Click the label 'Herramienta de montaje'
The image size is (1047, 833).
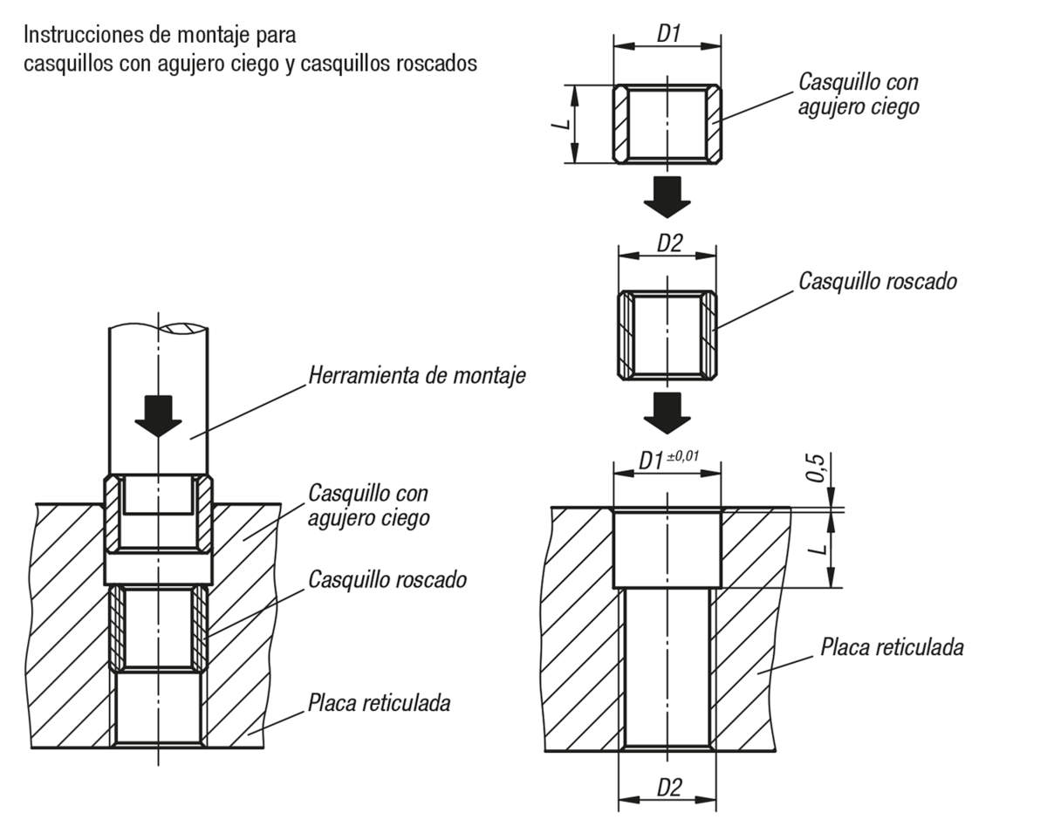point(417,376)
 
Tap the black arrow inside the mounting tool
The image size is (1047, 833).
point(158,416)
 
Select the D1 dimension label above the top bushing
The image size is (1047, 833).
point(668,33)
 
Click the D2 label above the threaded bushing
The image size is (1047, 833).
point(669,243)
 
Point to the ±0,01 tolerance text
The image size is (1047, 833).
point(683,456)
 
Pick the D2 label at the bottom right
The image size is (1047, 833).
point(669,788)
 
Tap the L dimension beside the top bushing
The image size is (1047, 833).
point(561,125)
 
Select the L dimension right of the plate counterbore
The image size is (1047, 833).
point(818,549)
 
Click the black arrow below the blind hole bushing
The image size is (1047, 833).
point(667,197)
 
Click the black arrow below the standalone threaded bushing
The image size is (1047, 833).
point(667,413)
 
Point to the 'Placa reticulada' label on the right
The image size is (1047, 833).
point(892,648)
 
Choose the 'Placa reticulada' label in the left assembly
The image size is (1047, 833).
point(379,704)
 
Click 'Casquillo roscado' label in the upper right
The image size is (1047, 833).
point(878,282)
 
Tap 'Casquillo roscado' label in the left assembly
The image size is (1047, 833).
point(387,580)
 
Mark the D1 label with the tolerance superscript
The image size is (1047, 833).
point(651,461)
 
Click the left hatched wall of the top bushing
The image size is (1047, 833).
point(621,124)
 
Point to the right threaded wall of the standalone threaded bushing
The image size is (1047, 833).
point(708,335)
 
